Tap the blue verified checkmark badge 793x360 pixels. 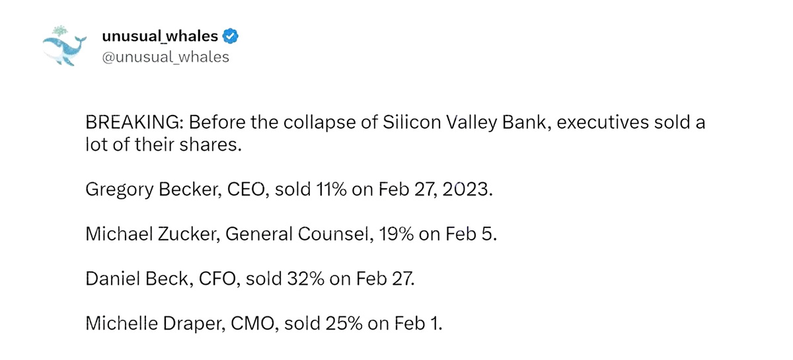click(230, 36)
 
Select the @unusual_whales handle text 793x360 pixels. click(165, 57)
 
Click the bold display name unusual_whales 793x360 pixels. click(161, 36)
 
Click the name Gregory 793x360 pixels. click(116, 190)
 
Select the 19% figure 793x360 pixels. click(394, 234)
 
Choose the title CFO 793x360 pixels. click(222, 279)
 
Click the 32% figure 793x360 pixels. click(306, 279)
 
